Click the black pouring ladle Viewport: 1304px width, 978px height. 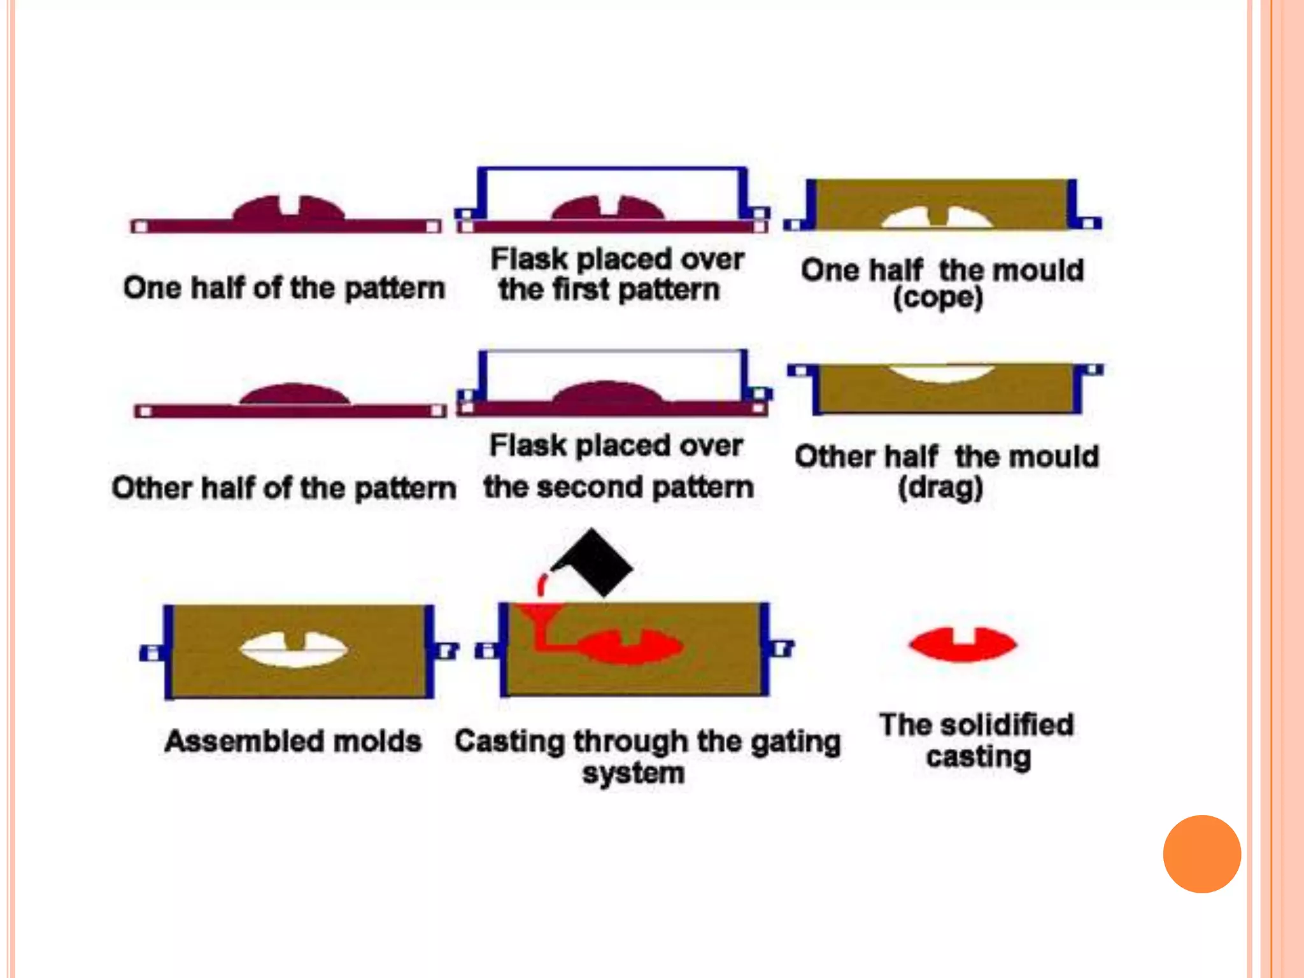(595, 563)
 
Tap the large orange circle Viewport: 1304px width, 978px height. (1201, 854)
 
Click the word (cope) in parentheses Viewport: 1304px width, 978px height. (938, 298)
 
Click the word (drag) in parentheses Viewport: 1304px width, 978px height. (940, 488)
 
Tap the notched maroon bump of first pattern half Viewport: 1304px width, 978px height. (288, 209)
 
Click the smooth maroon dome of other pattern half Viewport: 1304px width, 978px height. (294, 394)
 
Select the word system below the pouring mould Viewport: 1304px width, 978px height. (634, 774)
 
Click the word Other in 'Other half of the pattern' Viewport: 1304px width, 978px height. (151, 488)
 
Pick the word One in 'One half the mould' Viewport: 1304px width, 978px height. (830, 270)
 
